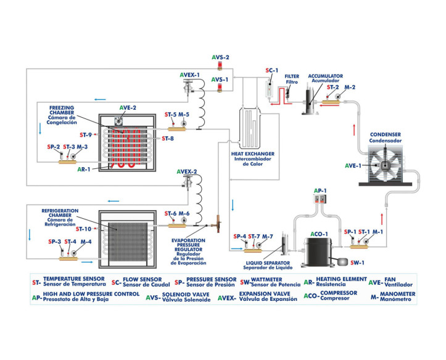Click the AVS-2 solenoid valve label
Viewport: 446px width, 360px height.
coord(220,57)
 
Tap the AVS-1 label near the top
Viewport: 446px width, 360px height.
coord(220,80)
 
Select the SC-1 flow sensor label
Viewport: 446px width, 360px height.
coord(272,71)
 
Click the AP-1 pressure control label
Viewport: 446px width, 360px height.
coord(319,190)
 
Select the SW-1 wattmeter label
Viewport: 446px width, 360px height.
coord(357,263)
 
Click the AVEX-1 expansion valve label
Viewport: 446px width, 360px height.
coord(190,75)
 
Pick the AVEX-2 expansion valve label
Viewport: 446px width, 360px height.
coord(186,171)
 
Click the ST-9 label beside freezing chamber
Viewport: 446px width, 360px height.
coord(86,134)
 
